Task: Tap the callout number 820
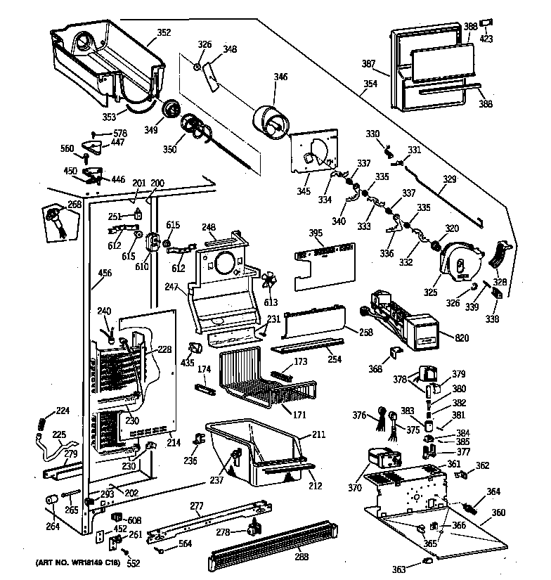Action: (x=462, y=338)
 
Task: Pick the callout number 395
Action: (x=316, y=233)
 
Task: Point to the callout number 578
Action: (x=121, y=134)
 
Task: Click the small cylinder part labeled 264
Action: (x=51, y=499)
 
